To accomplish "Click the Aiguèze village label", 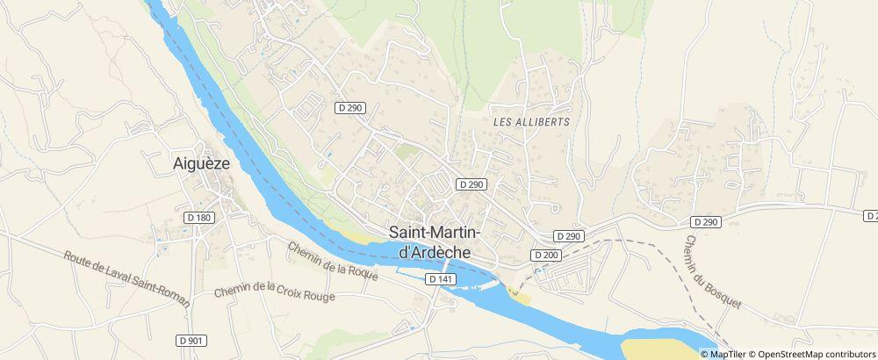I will pos(201,162).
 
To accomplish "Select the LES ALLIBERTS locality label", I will pos(532,122).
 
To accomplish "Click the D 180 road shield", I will pos(200,217).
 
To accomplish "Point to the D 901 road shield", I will pos(190,340).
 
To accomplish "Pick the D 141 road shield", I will pos(441,279).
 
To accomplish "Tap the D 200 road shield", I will pos(545,255).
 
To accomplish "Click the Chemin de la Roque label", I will pos(333,261).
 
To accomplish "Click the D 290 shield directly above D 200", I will pos(569,236).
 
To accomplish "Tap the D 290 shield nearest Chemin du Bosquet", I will pos(705,221).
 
